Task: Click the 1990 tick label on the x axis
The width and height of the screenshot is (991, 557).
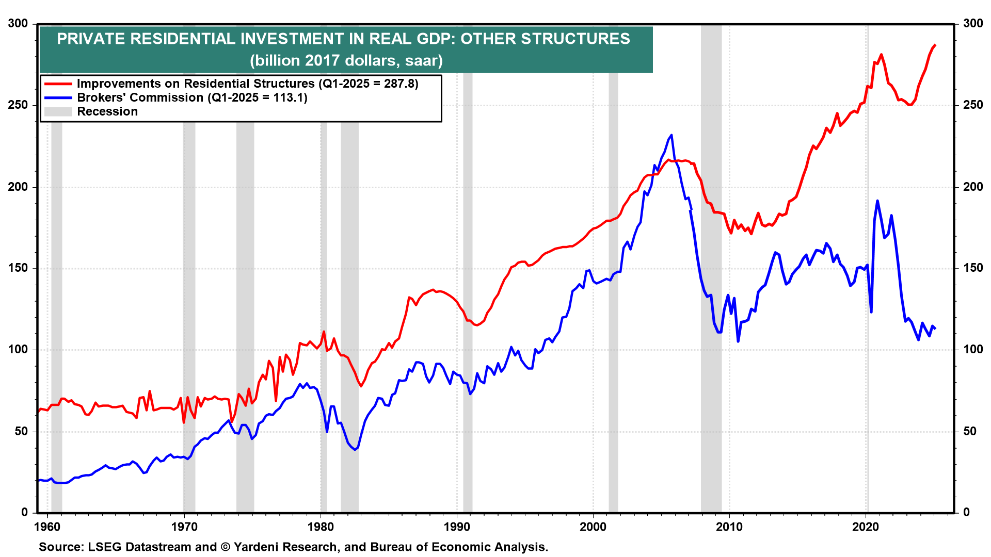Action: click(457, 527)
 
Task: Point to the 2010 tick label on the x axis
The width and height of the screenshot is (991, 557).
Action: click(729, 527)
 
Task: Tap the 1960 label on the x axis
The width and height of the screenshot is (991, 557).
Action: click(47, 527)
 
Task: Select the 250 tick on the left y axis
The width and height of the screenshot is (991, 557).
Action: click(18, 105)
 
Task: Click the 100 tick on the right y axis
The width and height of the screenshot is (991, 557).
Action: click(973, 350)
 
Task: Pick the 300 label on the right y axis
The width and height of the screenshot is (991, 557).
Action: click(973, 24)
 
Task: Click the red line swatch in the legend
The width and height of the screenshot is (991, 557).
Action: click(58, 84)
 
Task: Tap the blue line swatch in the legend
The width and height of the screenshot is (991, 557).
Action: click(58, 97)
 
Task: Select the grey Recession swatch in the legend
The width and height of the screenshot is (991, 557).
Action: click(58, 111)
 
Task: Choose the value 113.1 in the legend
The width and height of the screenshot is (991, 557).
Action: click(288, 97)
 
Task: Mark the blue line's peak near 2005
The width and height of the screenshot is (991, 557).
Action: click(671, 135)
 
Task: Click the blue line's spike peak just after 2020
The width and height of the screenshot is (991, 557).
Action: click(877, 201)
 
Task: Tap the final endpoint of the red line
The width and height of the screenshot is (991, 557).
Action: click(935, 45)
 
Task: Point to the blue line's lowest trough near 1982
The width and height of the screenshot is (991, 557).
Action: click(355, 450)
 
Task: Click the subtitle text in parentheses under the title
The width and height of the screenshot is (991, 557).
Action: click(346, 60)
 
